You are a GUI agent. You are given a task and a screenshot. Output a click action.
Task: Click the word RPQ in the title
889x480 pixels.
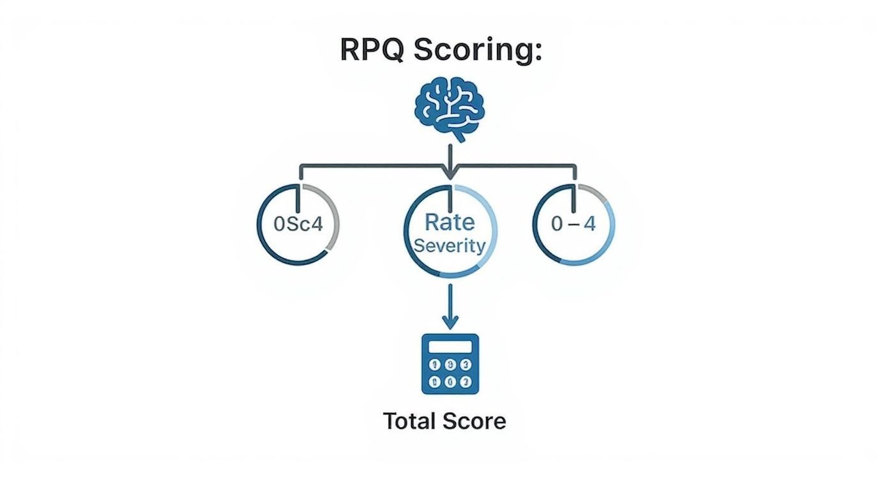point(371,49)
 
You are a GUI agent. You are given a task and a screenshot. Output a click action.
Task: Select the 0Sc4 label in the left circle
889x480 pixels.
point(298,225)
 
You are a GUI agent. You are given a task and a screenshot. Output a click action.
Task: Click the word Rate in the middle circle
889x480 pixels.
point(450,222)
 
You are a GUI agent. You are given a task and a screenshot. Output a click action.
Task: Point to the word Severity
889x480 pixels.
point(450,246)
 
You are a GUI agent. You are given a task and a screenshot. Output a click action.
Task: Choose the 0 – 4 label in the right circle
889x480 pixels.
point(574,225)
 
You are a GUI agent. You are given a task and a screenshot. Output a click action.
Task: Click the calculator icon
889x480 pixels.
point(450,363)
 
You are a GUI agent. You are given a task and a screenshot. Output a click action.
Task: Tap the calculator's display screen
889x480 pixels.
point(450,347)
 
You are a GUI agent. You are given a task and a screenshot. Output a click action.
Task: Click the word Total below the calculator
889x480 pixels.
point(408,421)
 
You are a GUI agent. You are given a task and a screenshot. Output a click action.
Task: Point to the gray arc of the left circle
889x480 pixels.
point(331,211)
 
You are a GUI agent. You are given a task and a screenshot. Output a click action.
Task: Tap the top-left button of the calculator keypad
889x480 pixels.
point(435,364)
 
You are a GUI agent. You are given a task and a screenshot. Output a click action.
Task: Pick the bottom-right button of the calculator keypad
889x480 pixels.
point(466,382)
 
